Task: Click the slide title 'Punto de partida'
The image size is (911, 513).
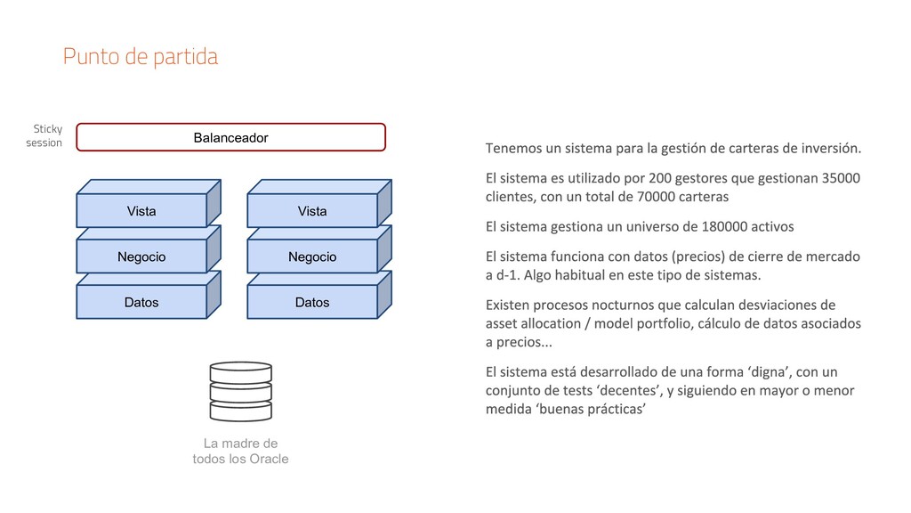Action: click(x=140, y=57)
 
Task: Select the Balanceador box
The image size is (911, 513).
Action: click(x=230, y=138)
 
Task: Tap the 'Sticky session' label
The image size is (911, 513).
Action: click(x=44, y=135)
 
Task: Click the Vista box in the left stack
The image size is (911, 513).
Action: click(x=141, y=211)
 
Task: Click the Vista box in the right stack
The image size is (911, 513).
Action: click(x=312, y=211)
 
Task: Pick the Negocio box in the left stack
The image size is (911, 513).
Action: click(x=141, y=257)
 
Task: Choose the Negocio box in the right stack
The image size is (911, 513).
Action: click(x=312, y=257)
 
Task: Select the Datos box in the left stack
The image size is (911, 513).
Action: click(x=141, y=303)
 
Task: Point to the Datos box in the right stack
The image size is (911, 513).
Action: click(x=312, y=303)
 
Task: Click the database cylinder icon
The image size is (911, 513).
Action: click(x=240, y=391)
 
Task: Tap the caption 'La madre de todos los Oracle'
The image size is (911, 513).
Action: click(x=240, y=451)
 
